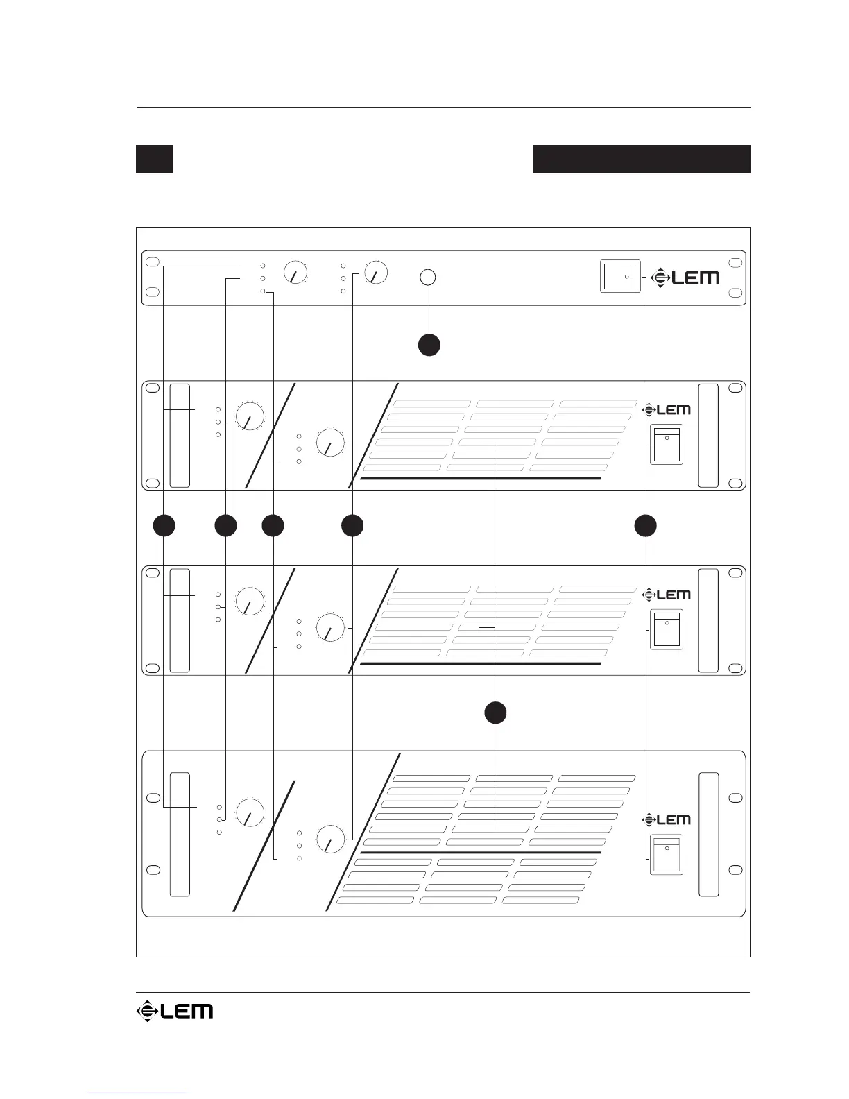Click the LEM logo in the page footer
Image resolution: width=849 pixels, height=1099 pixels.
(174, 1011)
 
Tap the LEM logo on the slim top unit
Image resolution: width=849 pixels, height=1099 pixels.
(685, 278)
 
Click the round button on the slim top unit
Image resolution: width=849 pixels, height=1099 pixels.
(429, 277)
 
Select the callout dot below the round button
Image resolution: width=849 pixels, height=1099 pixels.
(429, 345)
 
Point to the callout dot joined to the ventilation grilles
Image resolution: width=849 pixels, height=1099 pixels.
(495, 713)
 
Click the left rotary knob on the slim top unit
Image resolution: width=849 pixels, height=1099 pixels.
(296, 272)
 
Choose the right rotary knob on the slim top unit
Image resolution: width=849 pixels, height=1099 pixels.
(377, 272)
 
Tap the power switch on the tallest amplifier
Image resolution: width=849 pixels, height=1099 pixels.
(667, 855)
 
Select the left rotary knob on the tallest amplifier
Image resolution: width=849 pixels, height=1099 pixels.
(250, 812)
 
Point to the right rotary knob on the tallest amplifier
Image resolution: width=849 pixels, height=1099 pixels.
(331, 839)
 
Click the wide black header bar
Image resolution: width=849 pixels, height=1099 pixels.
(641, 158)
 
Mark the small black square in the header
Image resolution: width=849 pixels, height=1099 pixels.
(154, 158)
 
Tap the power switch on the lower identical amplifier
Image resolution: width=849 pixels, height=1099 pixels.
(667, 629)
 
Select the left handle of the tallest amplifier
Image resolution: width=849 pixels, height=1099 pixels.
(180, 834)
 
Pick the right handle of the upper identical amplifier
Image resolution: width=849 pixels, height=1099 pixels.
(708, 435)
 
